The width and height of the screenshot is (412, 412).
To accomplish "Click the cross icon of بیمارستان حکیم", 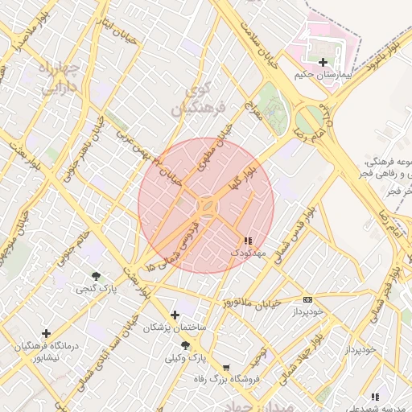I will [x=323, y=62].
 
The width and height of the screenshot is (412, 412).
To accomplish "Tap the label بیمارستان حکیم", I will [x=323, y=75].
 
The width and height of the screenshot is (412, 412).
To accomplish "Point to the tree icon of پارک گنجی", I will [x=97, y=276].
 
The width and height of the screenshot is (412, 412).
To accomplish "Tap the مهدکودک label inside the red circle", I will [x=246, y=253].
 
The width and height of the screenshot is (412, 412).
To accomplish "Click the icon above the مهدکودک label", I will [x=247, y=241].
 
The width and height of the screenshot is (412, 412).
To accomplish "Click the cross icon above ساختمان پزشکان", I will [x=175, y=315].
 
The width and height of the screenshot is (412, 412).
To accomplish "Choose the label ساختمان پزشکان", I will [x=175, y=328].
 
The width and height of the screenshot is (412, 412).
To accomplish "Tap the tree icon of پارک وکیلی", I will [x=186, y=344].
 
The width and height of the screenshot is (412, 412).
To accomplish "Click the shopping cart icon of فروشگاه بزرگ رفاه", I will [x=225, y=367].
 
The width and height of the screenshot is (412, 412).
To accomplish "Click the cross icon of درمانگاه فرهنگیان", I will [x=46, y=333].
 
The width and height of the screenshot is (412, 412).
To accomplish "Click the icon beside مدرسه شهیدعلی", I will [x=375, y=397].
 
